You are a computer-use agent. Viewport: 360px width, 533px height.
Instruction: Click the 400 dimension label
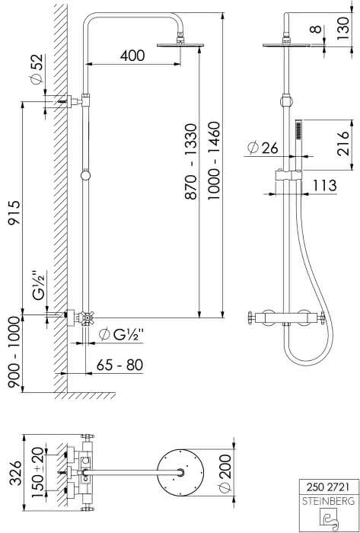[x=132, y=56]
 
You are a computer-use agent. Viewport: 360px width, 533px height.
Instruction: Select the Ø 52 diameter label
[x=37, y=69]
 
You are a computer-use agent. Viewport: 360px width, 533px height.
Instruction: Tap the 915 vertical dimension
[x=14, y=212]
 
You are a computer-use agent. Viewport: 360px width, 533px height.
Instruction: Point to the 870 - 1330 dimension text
[x=190, y=161]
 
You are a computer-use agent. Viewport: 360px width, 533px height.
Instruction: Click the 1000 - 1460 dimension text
[x=214, y=161]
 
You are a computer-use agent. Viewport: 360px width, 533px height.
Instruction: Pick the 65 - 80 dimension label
[x=120, y=365]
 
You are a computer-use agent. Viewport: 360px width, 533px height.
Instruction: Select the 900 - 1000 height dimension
[x=14, y=352]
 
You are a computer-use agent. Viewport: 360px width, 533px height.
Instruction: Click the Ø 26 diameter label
[x=263, y=148]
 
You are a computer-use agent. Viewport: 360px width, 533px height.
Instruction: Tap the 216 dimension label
[x=343, y=143]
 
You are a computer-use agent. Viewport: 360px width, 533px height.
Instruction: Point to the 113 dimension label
[x=325, y=186]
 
